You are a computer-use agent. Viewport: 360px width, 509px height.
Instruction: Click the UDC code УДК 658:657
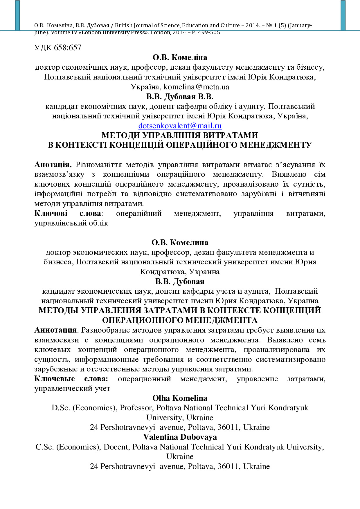tap(57, 48)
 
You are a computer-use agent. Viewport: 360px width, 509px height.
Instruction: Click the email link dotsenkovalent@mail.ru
tap(180, 126)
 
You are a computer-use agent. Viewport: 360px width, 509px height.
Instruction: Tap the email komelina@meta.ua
tap(196, 87)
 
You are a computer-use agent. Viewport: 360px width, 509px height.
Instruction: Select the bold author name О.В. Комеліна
tap(180, 57)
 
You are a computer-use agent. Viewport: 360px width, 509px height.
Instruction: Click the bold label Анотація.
tap(53, 165)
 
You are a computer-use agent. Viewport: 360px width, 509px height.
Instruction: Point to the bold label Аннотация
tap(55, 330)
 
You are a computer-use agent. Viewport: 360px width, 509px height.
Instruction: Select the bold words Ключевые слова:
tap(71, 379)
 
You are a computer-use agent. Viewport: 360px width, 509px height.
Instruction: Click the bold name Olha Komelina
tap(180, 398)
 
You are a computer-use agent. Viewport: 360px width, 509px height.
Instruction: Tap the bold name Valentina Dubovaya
tap(180, 437)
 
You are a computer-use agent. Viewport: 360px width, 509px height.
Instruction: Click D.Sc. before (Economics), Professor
tap(61, 408)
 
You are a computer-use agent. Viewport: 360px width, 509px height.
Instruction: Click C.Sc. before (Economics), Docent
tap(45, 447)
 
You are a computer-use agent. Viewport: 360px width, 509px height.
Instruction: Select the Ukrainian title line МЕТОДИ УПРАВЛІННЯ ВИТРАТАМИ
tap(180, 136)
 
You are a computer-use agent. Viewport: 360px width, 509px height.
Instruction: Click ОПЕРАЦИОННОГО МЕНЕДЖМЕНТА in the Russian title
tap(180, 320)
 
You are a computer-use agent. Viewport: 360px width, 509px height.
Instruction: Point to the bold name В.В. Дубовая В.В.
tap(180, 96)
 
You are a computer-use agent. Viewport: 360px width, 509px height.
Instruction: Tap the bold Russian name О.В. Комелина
tap(180, 243)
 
